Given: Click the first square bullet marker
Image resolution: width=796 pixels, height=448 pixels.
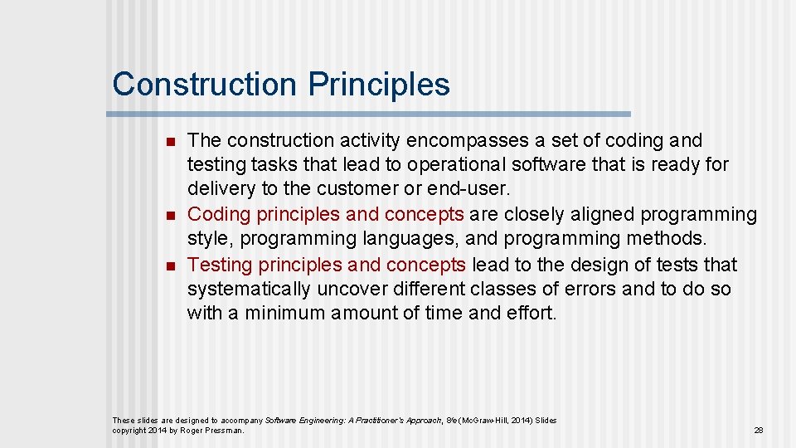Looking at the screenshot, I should pyautogui.click(x=170, y=142).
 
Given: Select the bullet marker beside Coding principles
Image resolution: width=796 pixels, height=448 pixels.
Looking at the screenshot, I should pyautogui.click(x=170, y=216).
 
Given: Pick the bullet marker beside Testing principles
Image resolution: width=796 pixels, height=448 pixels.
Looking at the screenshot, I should pyautogui.click(x=170, y=266).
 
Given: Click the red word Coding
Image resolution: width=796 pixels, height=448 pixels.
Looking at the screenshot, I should pyautogui.click(x=219, y=214).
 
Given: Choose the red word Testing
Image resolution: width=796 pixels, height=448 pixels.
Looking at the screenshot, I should pyautogui.click(x=220, y=265).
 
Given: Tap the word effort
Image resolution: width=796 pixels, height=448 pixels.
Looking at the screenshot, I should pyautogui.click(x=531, y=314).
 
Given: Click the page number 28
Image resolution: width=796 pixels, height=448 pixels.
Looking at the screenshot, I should pyautogui.click(x=758, y=431).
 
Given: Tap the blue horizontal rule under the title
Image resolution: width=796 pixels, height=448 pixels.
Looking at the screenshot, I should pyautogui.click(x=370, y=114).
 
